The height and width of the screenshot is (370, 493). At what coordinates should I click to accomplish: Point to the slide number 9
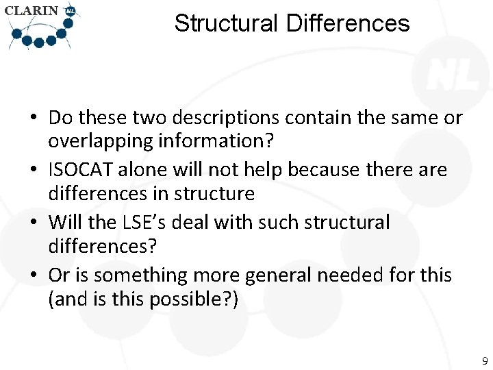click(x=484, y=360)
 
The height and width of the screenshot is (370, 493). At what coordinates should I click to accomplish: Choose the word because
click(x=336, y=169)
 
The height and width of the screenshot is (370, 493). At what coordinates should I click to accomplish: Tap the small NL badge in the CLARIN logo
click(x=70, y=11)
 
